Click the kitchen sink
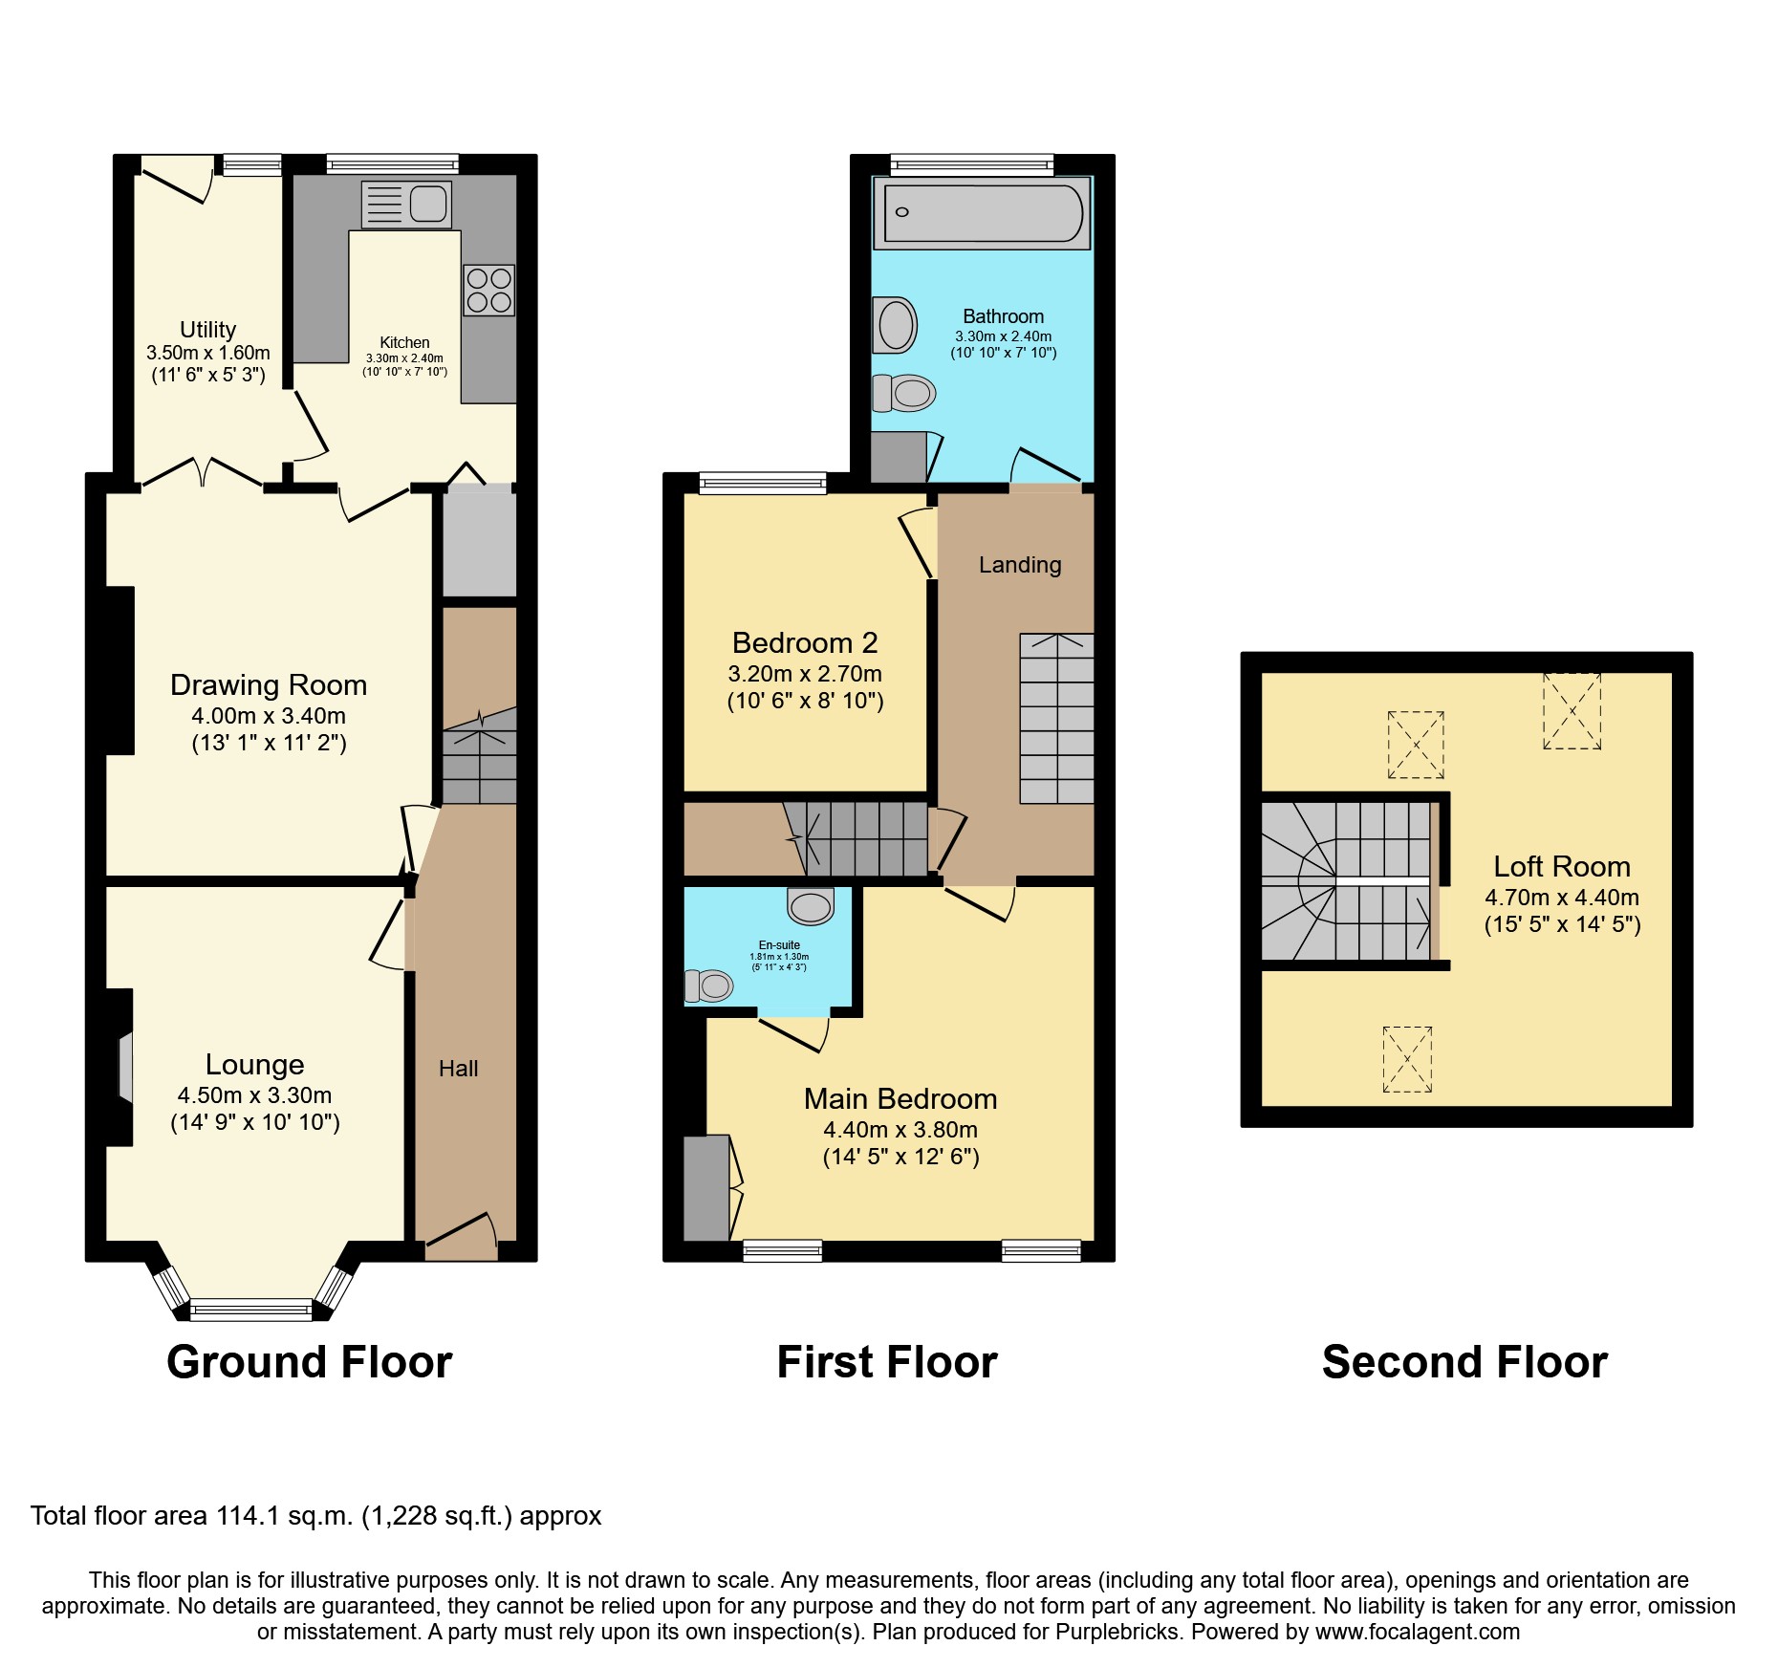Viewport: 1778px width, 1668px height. (x=407, y=205)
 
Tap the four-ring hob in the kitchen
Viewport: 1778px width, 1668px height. (x=488, y=290)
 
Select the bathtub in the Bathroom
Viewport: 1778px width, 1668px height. (x=983, y=213)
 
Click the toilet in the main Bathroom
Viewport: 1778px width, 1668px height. (x=903, y=393)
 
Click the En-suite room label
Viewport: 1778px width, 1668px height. (x=779, y=944)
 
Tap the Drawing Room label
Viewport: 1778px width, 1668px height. (x=269, y=684)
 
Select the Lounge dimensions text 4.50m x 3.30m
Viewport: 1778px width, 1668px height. (x=254, y=1095)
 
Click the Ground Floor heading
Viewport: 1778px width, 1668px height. (x=309, y=1362)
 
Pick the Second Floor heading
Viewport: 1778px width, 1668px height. (x=1464, y=1362)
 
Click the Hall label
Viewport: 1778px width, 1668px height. (x=458, y=1069)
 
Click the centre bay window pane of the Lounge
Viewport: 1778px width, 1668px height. (x=251, y=1310)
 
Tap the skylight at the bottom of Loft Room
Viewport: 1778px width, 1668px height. (x=1407, y=1059)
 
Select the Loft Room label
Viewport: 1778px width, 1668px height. (x=1562, y=866)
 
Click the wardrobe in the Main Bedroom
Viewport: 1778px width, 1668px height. (x=706, y=1187)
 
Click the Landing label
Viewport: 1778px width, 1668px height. (x=1020, y=565)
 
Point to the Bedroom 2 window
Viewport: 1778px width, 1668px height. (x=763, y=483)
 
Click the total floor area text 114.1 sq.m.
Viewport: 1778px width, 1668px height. (x=315, y=1516)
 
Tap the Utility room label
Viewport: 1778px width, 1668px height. (x=207, y=330)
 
